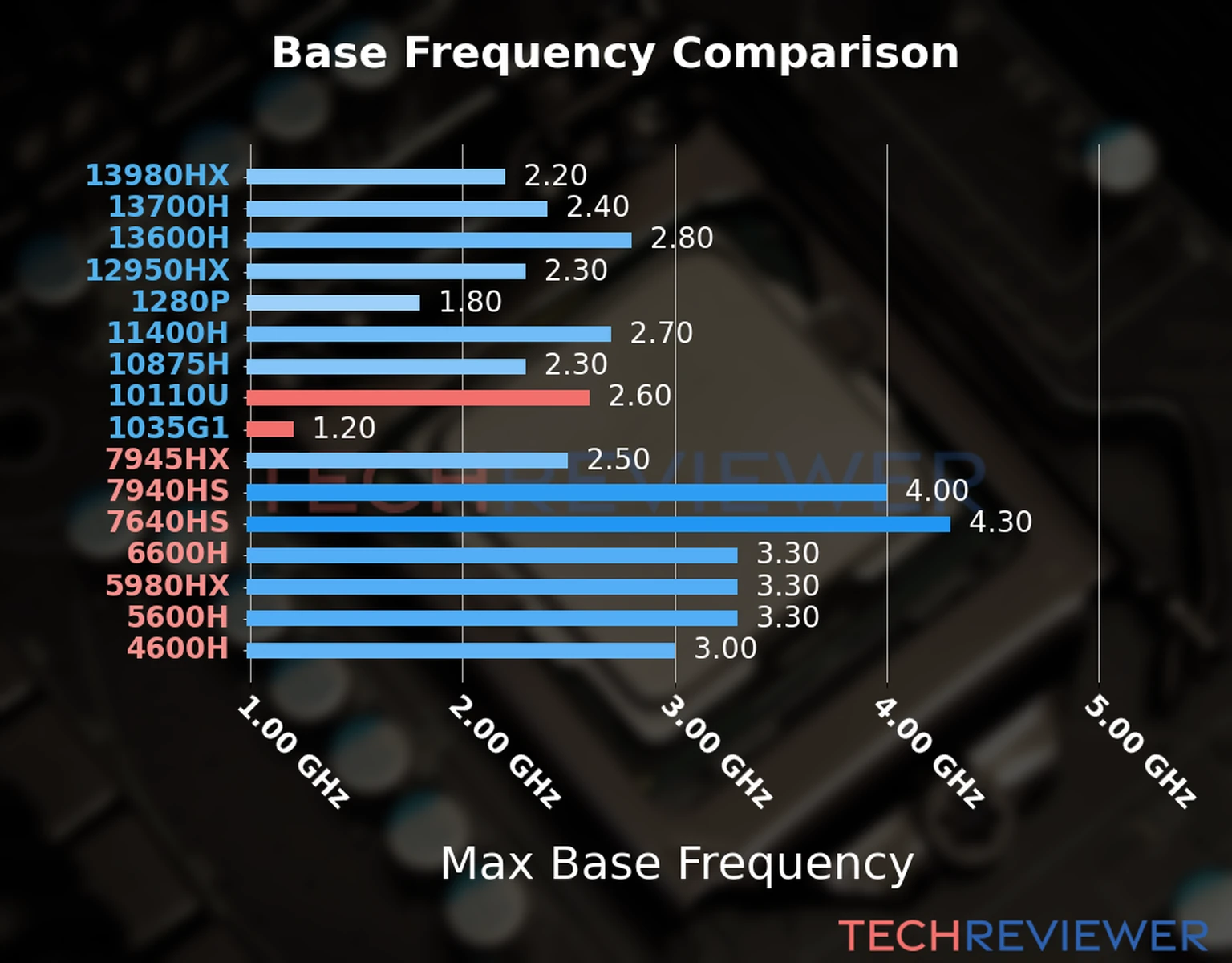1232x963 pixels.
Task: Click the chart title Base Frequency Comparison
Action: pyautogui.click(x=615, y=53)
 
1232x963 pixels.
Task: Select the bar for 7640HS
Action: pyautogui.click(x=598, y=524)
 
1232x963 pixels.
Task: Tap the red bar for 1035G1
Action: pyautogui.click(x=269, y=429)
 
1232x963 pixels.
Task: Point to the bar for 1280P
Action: pyautogui.click(x=333, y=303)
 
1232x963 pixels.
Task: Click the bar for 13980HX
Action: pyautogui.click(x=375, y=177)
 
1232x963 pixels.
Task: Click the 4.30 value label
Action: pyautogui.click(x=1000, y=522)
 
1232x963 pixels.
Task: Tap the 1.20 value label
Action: pyautogui.click(x=343, y=428)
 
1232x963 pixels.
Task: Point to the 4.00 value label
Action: pyautogui.click(x=937, y=490)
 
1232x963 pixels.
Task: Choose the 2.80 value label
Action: pyautogui.click(x=681, y=238)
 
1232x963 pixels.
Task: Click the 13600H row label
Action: pyautogui.click(x=168, y=238)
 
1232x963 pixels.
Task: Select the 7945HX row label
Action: pyautogui.click(x=167, y=459)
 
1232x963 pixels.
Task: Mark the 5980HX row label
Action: pyautogui.click(x=167, y=586)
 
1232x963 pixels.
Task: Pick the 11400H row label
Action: pyautogui.click(x=168, y=333)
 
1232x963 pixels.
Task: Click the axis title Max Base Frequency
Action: pyautogui.click(x=676, y=864)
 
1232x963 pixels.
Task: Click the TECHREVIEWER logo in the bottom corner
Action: pyautogui.click(x=1023, y=936)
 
